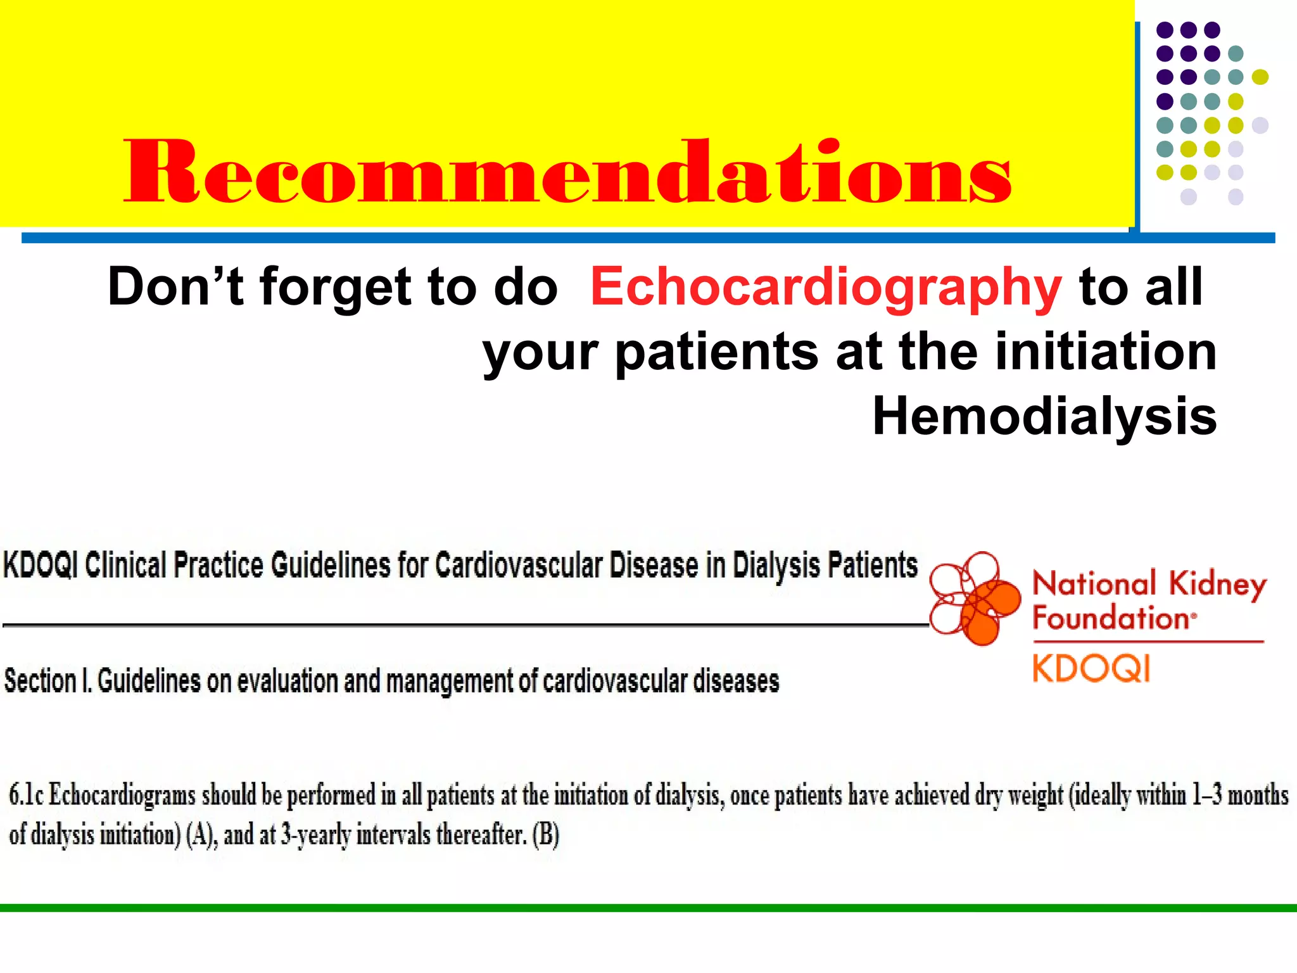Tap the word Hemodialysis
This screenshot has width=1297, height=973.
[1044, 417]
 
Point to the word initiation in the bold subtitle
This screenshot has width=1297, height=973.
[1106, 352]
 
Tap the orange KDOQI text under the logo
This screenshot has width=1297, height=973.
[1091, 669]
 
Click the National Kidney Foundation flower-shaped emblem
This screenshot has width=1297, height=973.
[974, 599]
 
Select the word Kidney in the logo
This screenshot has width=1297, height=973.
[1217, 585]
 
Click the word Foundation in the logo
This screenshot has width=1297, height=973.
[1111, 618]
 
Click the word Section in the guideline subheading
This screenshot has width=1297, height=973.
[40, 682]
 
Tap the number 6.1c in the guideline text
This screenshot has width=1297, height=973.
[26, 795]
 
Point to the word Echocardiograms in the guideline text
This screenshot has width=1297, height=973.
[122, 795]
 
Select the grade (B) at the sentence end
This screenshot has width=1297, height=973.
[546, 836]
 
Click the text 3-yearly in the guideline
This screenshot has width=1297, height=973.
[315, 836]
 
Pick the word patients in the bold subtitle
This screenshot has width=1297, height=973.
[716, 353]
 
